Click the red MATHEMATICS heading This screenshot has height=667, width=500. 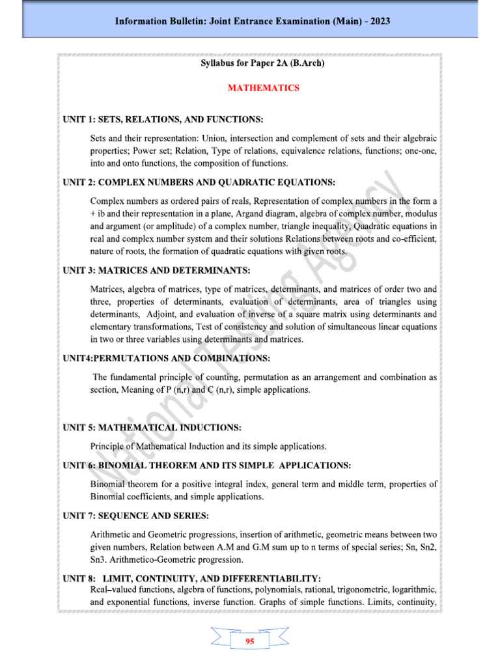[x=264, y=88]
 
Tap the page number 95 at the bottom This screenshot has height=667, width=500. [x=249, y=642]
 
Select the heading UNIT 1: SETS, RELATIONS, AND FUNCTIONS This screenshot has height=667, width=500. [x=163, y=120]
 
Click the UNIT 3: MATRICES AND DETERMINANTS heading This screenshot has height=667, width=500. [x=157, y=270]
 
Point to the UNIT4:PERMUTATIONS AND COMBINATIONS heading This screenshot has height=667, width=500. [x=166, y=358]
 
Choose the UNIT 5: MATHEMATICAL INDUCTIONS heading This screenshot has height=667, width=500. [x=152, y=428]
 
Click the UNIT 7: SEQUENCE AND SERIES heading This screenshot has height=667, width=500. [x=135, y=516]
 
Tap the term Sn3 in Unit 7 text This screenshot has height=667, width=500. [x=101, y=560]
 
